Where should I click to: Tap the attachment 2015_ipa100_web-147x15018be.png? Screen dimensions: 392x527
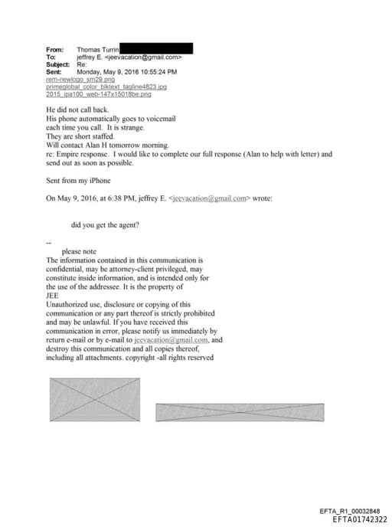pyautogui.click(x=99, y=94)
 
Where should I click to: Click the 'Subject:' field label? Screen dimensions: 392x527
pyautogui.click(x=58, y=64)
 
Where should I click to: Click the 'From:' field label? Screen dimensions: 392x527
pyautogui.click(x=54, y=49)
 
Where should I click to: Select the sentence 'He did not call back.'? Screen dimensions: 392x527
pyautogui.click(x=77, y=111)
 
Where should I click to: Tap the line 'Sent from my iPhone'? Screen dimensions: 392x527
pyautogui.click(x=78, y=180)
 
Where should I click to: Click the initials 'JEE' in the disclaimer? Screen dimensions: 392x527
pyautogui.click(x=54, y=296)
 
